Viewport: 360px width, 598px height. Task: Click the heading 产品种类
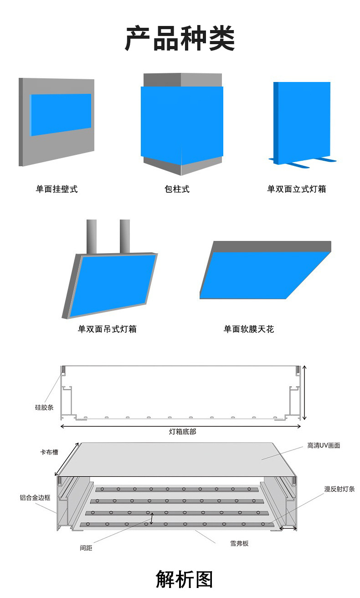click(180, 39)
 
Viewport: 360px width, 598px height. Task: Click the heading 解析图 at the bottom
click(184, 579)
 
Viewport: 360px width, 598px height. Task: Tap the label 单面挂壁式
click(57, 189)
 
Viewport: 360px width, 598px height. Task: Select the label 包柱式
click(177, 189)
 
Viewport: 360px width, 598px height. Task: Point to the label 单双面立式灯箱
click(296, 189)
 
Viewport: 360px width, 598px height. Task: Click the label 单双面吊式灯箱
click(107, 329)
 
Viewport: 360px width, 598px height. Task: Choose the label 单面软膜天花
click(248, 329)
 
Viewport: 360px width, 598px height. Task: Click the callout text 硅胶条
click(44, 407)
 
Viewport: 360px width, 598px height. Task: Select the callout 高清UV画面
click(324, 445)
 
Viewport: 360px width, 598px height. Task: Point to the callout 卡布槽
click(49, 452)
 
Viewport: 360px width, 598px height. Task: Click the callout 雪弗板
click(239, 543)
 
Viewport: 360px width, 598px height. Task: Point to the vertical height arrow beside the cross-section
click(304, 393)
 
